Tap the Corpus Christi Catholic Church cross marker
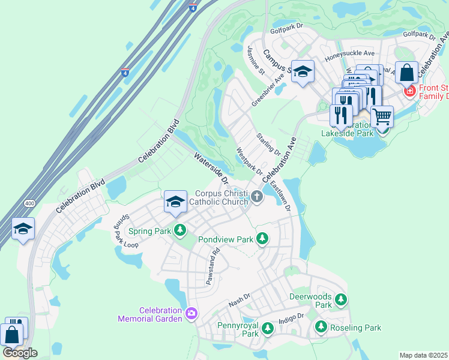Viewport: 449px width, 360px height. pyautogui.click(x=257, y=197)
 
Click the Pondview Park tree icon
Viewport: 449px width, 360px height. pyautogui.click(x=262, y=239)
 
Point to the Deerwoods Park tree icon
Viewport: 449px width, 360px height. pyautogui.click(x=341, y=299)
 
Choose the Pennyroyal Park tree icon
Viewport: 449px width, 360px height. pyautogui.click(x=267, y=328)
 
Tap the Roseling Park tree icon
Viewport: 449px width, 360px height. pyautogui.click(x=321, y=327)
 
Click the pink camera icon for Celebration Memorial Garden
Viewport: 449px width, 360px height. pyautogui.click(x=191, y=314)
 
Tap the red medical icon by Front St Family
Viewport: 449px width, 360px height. pyautogui.click(x=410, y=91)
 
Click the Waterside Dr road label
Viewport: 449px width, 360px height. pyautogui.click(x=212, y=169)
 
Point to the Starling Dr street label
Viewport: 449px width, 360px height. pyautogui.click(x=269, y=143)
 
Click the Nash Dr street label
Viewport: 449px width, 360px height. pyautogui.click(x=238, y=299)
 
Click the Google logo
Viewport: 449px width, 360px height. pyautogui.click(x=20, y=353)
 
